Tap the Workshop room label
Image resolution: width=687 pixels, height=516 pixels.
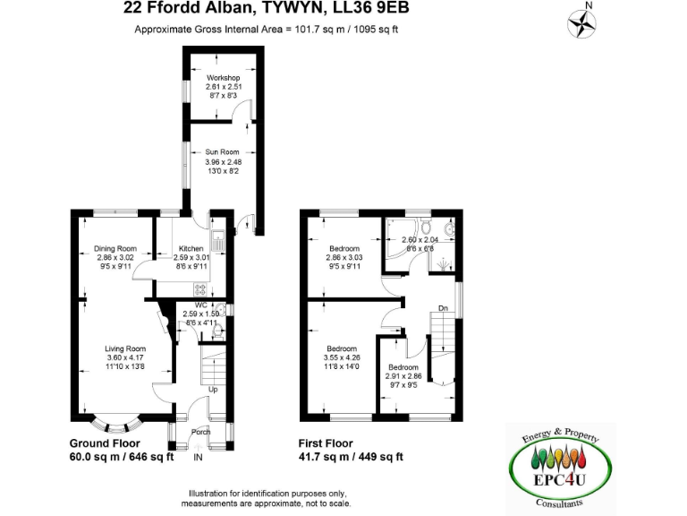tap(224, 78)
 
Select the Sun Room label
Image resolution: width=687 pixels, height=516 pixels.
tap(218, 153)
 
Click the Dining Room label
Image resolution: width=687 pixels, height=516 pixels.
tap(114, 248)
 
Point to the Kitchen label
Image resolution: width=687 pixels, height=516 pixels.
tap(191, 248)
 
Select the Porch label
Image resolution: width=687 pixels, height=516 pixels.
tap(201, 432)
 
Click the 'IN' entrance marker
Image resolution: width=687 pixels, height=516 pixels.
tap(199, 457)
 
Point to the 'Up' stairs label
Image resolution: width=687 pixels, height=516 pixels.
tap(213, 390)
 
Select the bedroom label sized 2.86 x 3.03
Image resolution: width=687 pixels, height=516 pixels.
tap(343, 248)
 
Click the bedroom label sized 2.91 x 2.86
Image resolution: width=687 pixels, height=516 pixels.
tap(403, 367)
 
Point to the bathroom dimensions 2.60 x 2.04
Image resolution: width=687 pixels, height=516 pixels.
tap(419, 240)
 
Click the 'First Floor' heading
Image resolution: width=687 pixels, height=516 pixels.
tap(326, 443)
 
